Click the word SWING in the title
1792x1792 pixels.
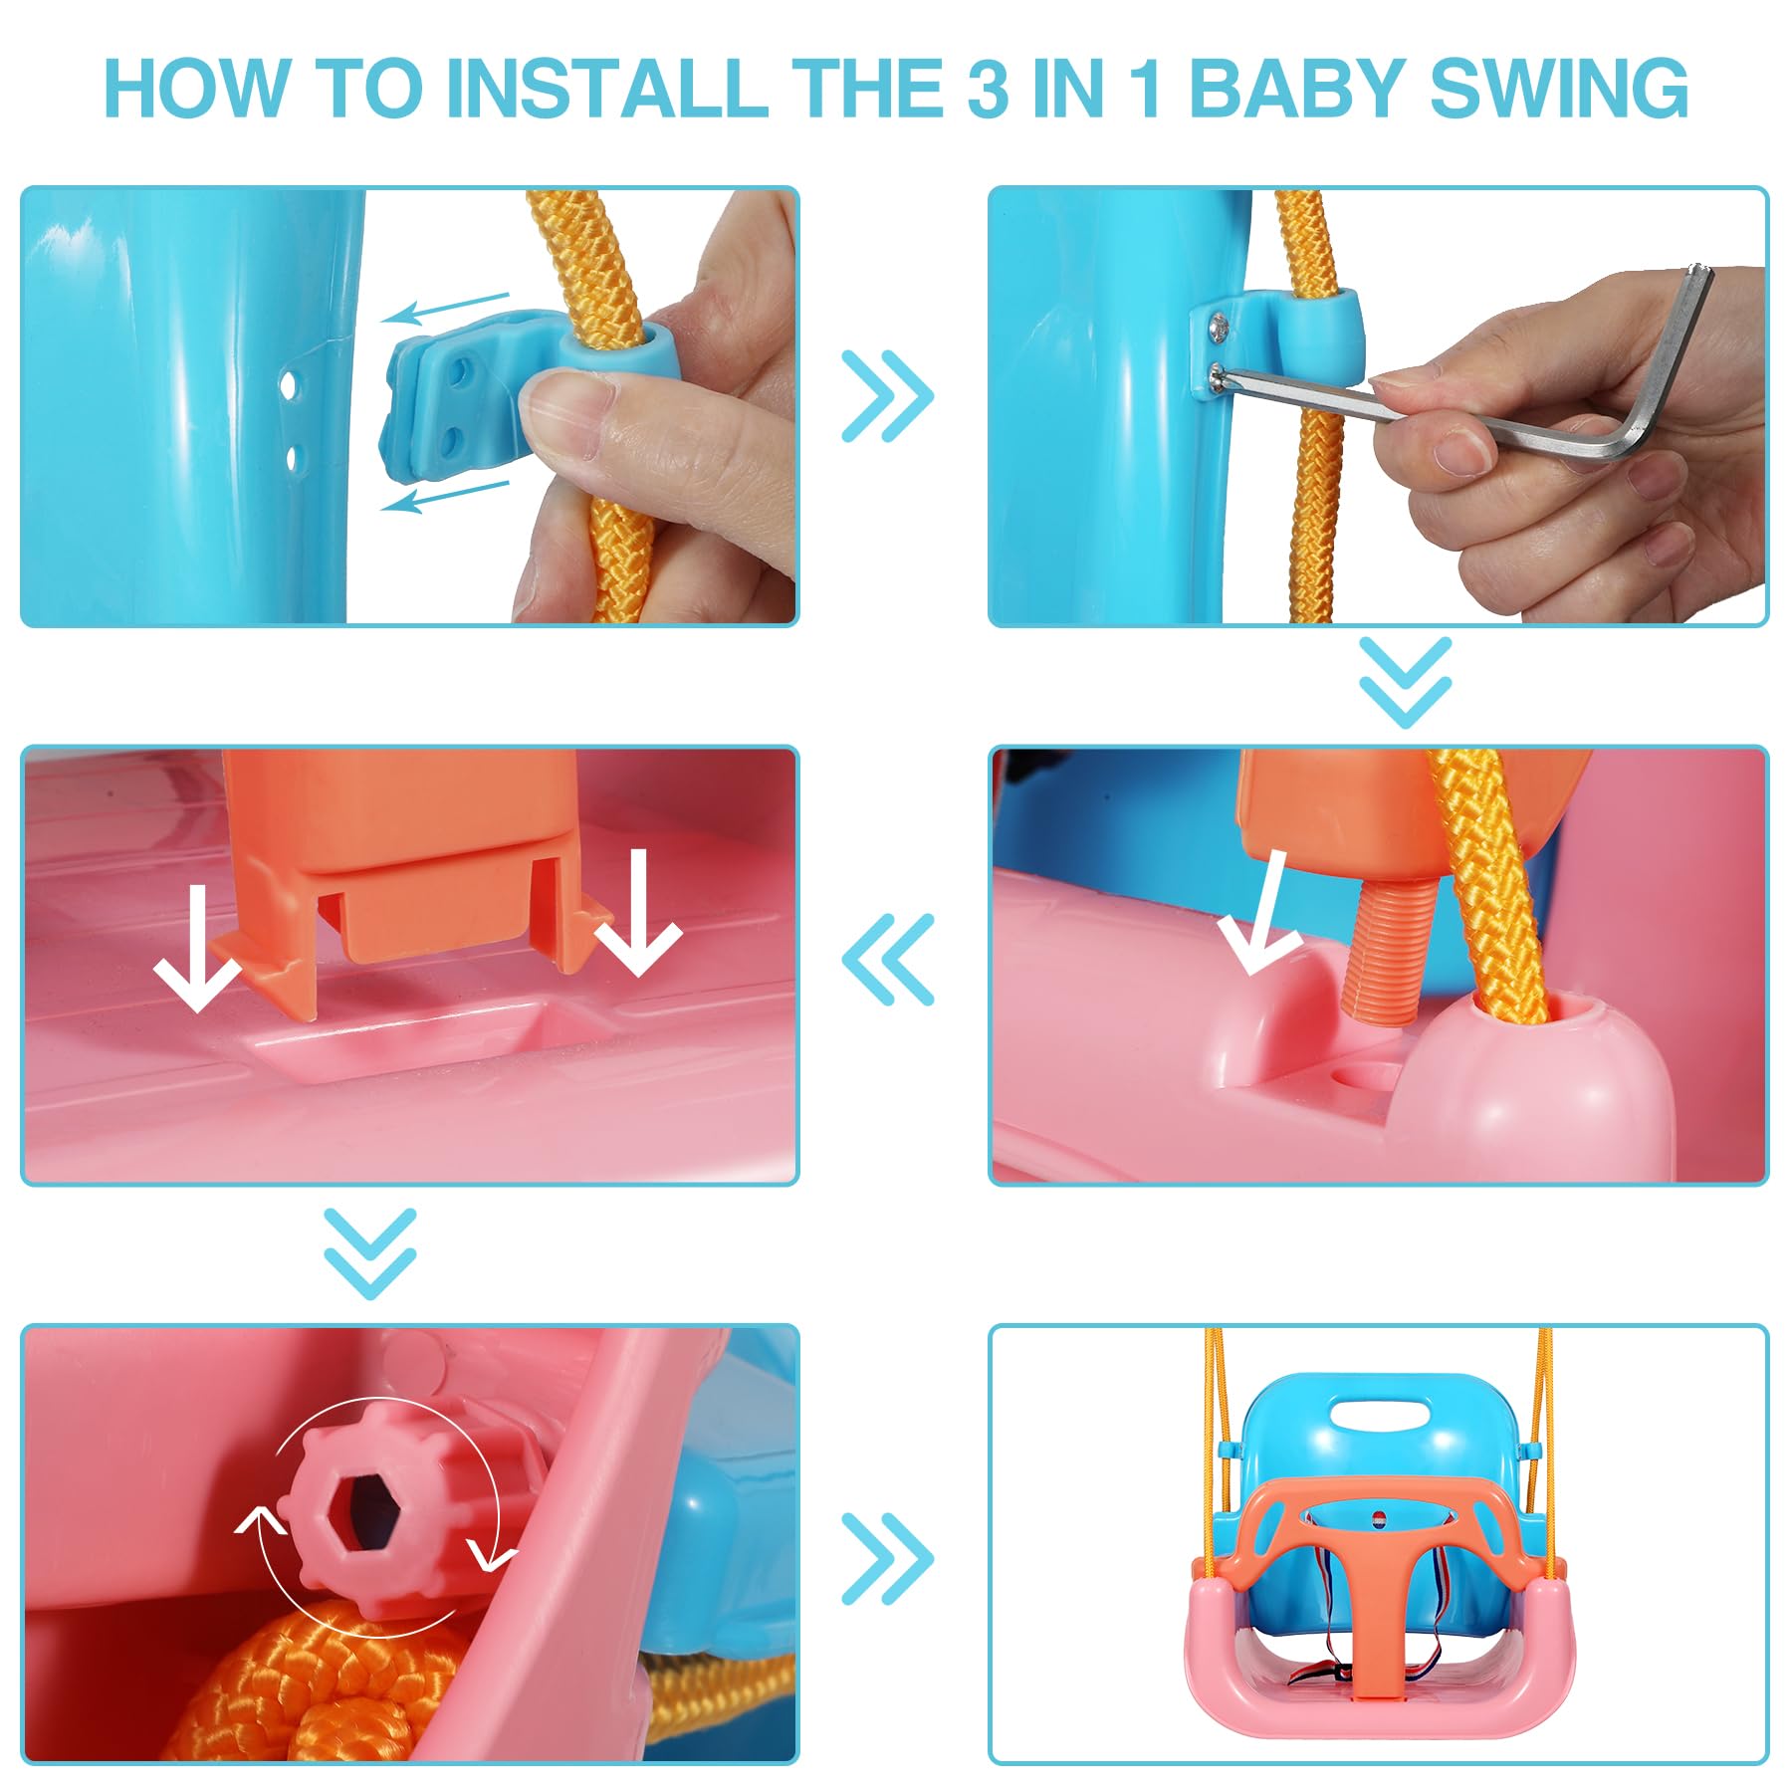point(1559,90)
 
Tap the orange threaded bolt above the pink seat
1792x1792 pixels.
point(1386,947)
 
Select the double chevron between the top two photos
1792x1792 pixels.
point(887,396)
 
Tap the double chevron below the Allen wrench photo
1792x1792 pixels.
point(1405,682)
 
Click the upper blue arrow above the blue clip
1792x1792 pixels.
point(446,308)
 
